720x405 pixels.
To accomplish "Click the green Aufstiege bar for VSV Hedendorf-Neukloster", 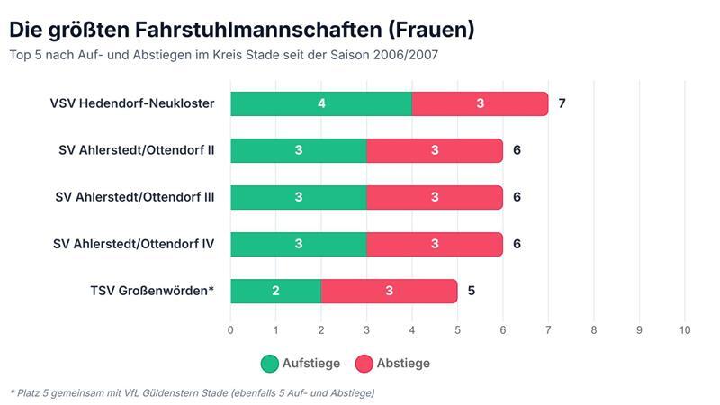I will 321,103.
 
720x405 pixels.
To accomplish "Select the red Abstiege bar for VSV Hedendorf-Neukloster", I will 480,103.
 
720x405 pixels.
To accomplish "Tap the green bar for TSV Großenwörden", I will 275,291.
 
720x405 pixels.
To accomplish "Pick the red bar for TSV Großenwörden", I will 389,291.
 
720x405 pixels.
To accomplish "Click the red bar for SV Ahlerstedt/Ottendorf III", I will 435,197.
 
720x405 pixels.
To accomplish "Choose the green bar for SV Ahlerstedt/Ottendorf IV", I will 298,244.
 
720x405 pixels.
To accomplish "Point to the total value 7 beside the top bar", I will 562,103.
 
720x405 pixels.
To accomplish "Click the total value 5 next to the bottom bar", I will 471,291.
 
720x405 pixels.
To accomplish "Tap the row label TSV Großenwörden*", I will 152,291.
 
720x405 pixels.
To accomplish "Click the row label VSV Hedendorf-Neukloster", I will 131,103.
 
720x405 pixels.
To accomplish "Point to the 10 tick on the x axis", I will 685,330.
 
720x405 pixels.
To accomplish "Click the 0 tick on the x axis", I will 230,330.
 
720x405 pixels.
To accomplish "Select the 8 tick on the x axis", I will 594,330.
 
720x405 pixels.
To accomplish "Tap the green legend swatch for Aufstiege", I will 270,364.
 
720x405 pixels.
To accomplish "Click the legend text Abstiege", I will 403,364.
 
